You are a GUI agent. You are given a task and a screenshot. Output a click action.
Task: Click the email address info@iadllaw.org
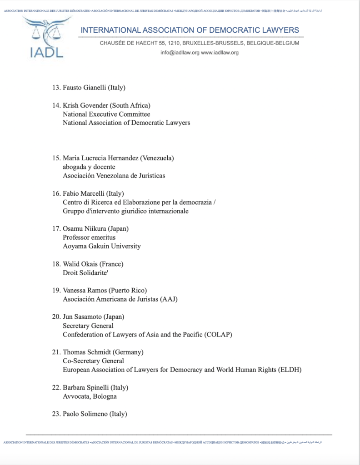180,53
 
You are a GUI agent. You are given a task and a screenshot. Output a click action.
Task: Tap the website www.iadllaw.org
220,53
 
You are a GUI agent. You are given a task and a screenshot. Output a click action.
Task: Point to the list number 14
56,106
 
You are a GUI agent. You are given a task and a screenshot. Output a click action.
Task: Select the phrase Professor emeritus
89,237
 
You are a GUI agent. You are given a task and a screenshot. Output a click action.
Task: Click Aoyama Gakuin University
102,246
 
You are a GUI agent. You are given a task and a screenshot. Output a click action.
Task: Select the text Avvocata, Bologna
90,396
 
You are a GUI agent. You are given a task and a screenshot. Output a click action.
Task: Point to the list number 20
56,317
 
